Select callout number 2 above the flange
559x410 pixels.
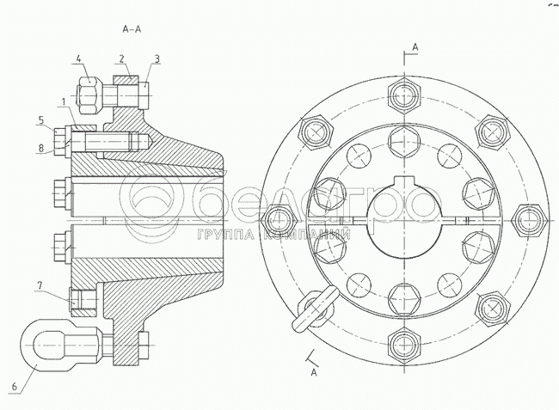122,58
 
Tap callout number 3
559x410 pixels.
157,58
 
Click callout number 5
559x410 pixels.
40,119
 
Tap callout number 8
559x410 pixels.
40,148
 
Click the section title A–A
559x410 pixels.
132,29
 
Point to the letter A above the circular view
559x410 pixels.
415,45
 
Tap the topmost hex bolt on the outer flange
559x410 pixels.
403,93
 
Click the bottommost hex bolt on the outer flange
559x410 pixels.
403,345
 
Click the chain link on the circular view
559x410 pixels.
311,309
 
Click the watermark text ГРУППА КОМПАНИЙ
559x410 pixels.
273,235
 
